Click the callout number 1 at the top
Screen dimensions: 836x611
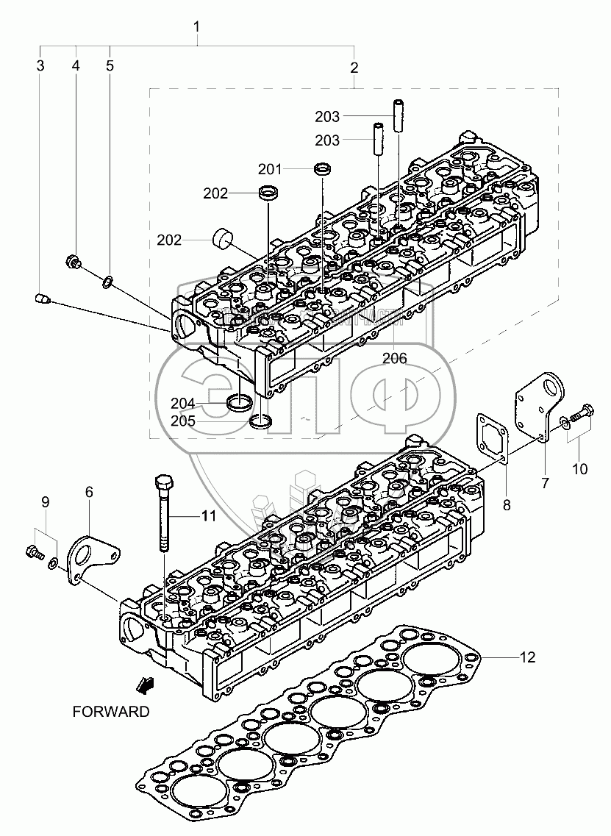[x=196, y=27]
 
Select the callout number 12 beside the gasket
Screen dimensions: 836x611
[x=528, y=657]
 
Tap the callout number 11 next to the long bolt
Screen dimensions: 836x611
[x=209, y=516]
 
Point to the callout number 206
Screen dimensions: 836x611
[x=394, y=358]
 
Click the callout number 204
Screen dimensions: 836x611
[x=182, y=403]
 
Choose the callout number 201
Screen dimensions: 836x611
[x=270, y=170]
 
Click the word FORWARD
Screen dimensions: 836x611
[x=110, y=711]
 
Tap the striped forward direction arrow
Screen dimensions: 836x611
[x=146, y=686]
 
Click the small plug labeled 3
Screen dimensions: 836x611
[x=43, y=299]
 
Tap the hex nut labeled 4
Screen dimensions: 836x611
[x=74, y=260]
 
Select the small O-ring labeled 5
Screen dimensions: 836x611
[x=107, y=280]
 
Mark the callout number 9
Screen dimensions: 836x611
[x=45, y=503]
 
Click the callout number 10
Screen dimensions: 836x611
[x=580, y=468]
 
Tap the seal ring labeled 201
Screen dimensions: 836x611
[x=322, y=169]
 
